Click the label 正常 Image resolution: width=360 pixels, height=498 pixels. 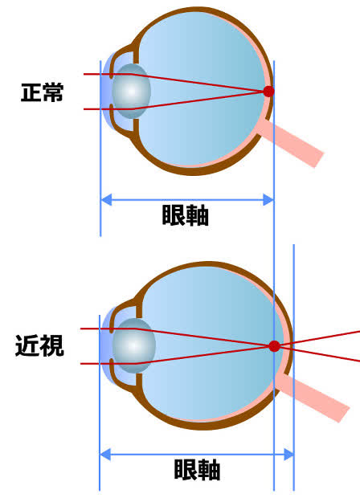coord(42,92)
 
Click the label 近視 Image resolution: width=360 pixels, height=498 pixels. coord(39,345)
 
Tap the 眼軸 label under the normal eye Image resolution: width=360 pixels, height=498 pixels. coord(186,215)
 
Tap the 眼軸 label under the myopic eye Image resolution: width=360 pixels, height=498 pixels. coord(197,469)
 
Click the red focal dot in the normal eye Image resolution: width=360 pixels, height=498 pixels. coord(269,92)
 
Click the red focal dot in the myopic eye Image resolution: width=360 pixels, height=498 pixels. coord(275,346)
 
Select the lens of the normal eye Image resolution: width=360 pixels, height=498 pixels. coord(131,91)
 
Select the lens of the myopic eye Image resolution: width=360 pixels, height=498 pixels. coord(133,346)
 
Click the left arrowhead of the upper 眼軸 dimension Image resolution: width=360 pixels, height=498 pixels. coord(106,200)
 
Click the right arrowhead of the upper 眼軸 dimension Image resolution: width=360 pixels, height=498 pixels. coord(268,200)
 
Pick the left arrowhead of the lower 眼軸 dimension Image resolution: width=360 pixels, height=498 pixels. coord(105,455)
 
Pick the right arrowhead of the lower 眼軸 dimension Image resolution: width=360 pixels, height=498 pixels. coord(288,455)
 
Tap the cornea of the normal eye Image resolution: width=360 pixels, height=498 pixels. coord(104,92)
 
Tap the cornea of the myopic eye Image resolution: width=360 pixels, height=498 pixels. coord(104,346)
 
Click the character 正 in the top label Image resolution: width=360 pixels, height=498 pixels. coord(31,92)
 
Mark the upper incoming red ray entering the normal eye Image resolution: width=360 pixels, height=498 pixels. coord(108,75)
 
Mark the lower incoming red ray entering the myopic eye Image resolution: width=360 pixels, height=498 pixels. coord(108,364)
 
